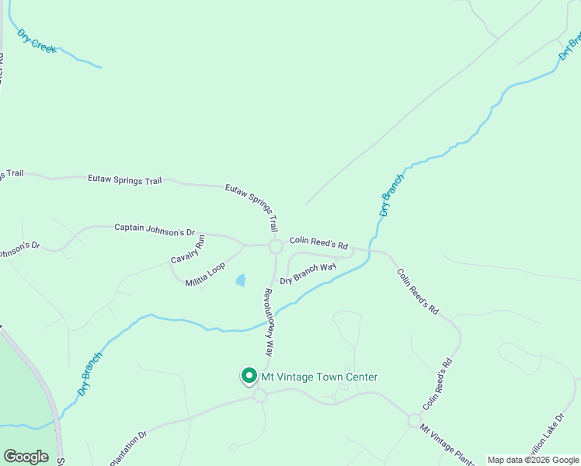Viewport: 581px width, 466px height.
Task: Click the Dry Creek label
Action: pos(37,41)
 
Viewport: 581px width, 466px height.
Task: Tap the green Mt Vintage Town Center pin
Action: pos(249,376)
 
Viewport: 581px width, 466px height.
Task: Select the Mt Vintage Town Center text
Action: pos(319,377)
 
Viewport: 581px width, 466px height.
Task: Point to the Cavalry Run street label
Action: pos(188,249)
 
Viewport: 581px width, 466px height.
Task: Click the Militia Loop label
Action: pos(205,274)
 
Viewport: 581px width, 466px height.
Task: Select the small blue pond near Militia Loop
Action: pos(241,280)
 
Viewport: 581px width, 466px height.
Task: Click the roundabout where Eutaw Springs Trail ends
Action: pos(275,247)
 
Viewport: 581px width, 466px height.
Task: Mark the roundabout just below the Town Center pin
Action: pos(259,396)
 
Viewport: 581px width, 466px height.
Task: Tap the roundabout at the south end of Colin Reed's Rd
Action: pos(414,419)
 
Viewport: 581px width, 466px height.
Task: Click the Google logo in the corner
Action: pos(26,457)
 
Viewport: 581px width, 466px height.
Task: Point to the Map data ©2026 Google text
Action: pos(534,460)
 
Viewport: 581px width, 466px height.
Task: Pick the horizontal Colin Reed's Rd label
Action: pos(318,243)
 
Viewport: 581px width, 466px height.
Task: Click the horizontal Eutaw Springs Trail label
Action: pos(124,180)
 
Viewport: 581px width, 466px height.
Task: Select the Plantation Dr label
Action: pos(128,448)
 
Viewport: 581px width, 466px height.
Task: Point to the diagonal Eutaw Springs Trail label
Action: pos(252,208)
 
